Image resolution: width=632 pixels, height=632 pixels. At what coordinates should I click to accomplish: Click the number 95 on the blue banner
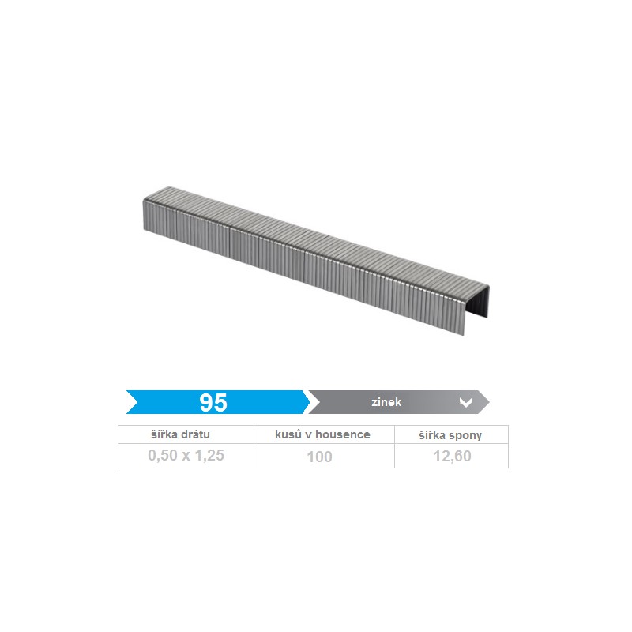213,402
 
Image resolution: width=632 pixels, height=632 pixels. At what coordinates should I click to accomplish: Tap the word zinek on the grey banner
386,402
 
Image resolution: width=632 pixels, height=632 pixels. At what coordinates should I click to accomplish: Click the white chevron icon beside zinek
466,402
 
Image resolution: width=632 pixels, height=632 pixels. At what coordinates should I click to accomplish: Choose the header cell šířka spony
450,435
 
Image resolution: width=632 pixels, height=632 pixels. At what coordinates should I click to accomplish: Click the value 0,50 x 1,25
186,456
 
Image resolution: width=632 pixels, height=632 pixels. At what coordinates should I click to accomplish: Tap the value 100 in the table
320,457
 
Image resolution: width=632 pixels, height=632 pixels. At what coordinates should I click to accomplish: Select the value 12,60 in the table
452,456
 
